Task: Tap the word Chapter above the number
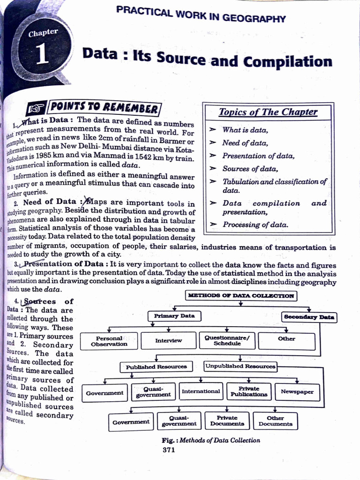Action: point(43,33)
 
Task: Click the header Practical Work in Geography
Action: point(201,15)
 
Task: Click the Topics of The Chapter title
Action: point(268,112)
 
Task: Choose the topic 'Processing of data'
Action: point(255,225)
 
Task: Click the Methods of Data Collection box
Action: point(241,296)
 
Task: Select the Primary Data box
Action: point(174,316)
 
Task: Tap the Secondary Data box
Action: point(309,317)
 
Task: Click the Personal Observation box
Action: point(109,341)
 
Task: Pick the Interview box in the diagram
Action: point(169,341)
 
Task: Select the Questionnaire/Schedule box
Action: point(227,341)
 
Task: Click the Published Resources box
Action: point(156,367)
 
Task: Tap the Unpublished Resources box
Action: point(240,366)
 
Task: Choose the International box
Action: point(201,391)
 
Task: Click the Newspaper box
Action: point(297,392)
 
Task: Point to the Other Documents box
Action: point(275,421)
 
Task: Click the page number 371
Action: point(169,450)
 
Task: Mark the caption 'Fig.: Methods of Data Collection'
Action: point(210,441)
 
